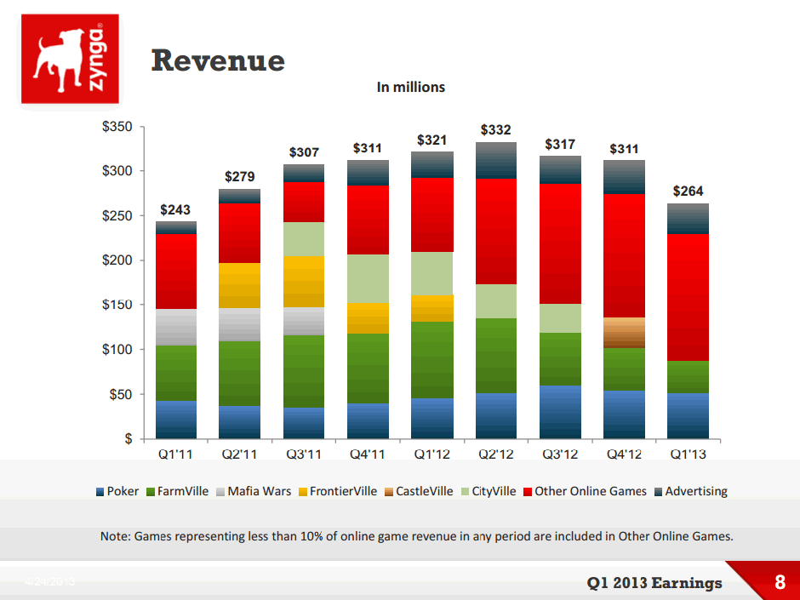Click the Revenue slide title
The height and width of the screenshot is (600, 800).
(217, 60)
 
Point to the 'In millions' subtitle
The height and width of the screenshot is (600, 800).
(411, 87)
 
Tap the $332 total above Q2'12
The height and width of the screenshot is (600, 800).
(496, 130)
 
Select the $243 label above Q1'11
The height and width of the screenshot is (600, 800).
(175, 209)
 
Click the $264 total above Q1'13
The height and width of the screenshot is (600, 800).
(688, 191)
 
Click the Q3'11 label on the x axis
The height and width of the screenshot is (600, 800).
(304, 454)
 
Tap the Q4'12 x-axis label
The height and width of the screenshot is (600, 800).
(624, 454)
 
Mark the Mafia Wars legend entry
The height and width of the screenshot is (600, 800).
(253, 491)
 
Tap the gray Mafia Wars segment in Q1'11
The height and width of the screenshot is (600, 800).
(176, 327)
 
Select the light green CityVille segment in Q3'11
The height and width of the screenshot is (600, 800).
(304, 239)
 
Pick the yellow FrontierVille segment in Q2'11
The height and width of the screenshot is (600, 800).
(240, 285)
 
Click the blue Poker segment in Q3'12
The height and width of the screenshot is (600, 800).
(560, 412)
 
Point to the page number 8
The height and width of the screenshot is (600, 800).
(780, 583)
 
